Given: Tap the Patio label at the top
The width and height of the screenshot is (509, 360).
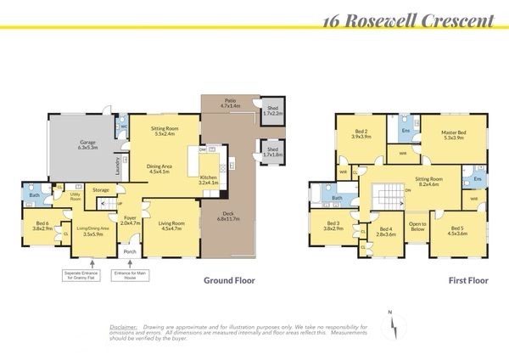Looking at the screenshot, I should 229,102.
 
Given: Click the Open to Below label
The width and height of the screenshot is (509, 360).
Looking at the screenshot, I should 417,226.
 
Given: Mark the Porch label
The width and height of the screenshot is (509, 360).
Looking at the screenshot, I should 130,250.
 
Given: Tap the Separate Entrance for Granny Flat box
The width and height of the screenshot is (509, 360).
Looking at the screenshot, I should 83,277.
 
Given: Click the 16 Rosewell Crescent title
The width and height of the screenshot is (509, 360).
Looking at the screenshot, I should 408,19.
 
